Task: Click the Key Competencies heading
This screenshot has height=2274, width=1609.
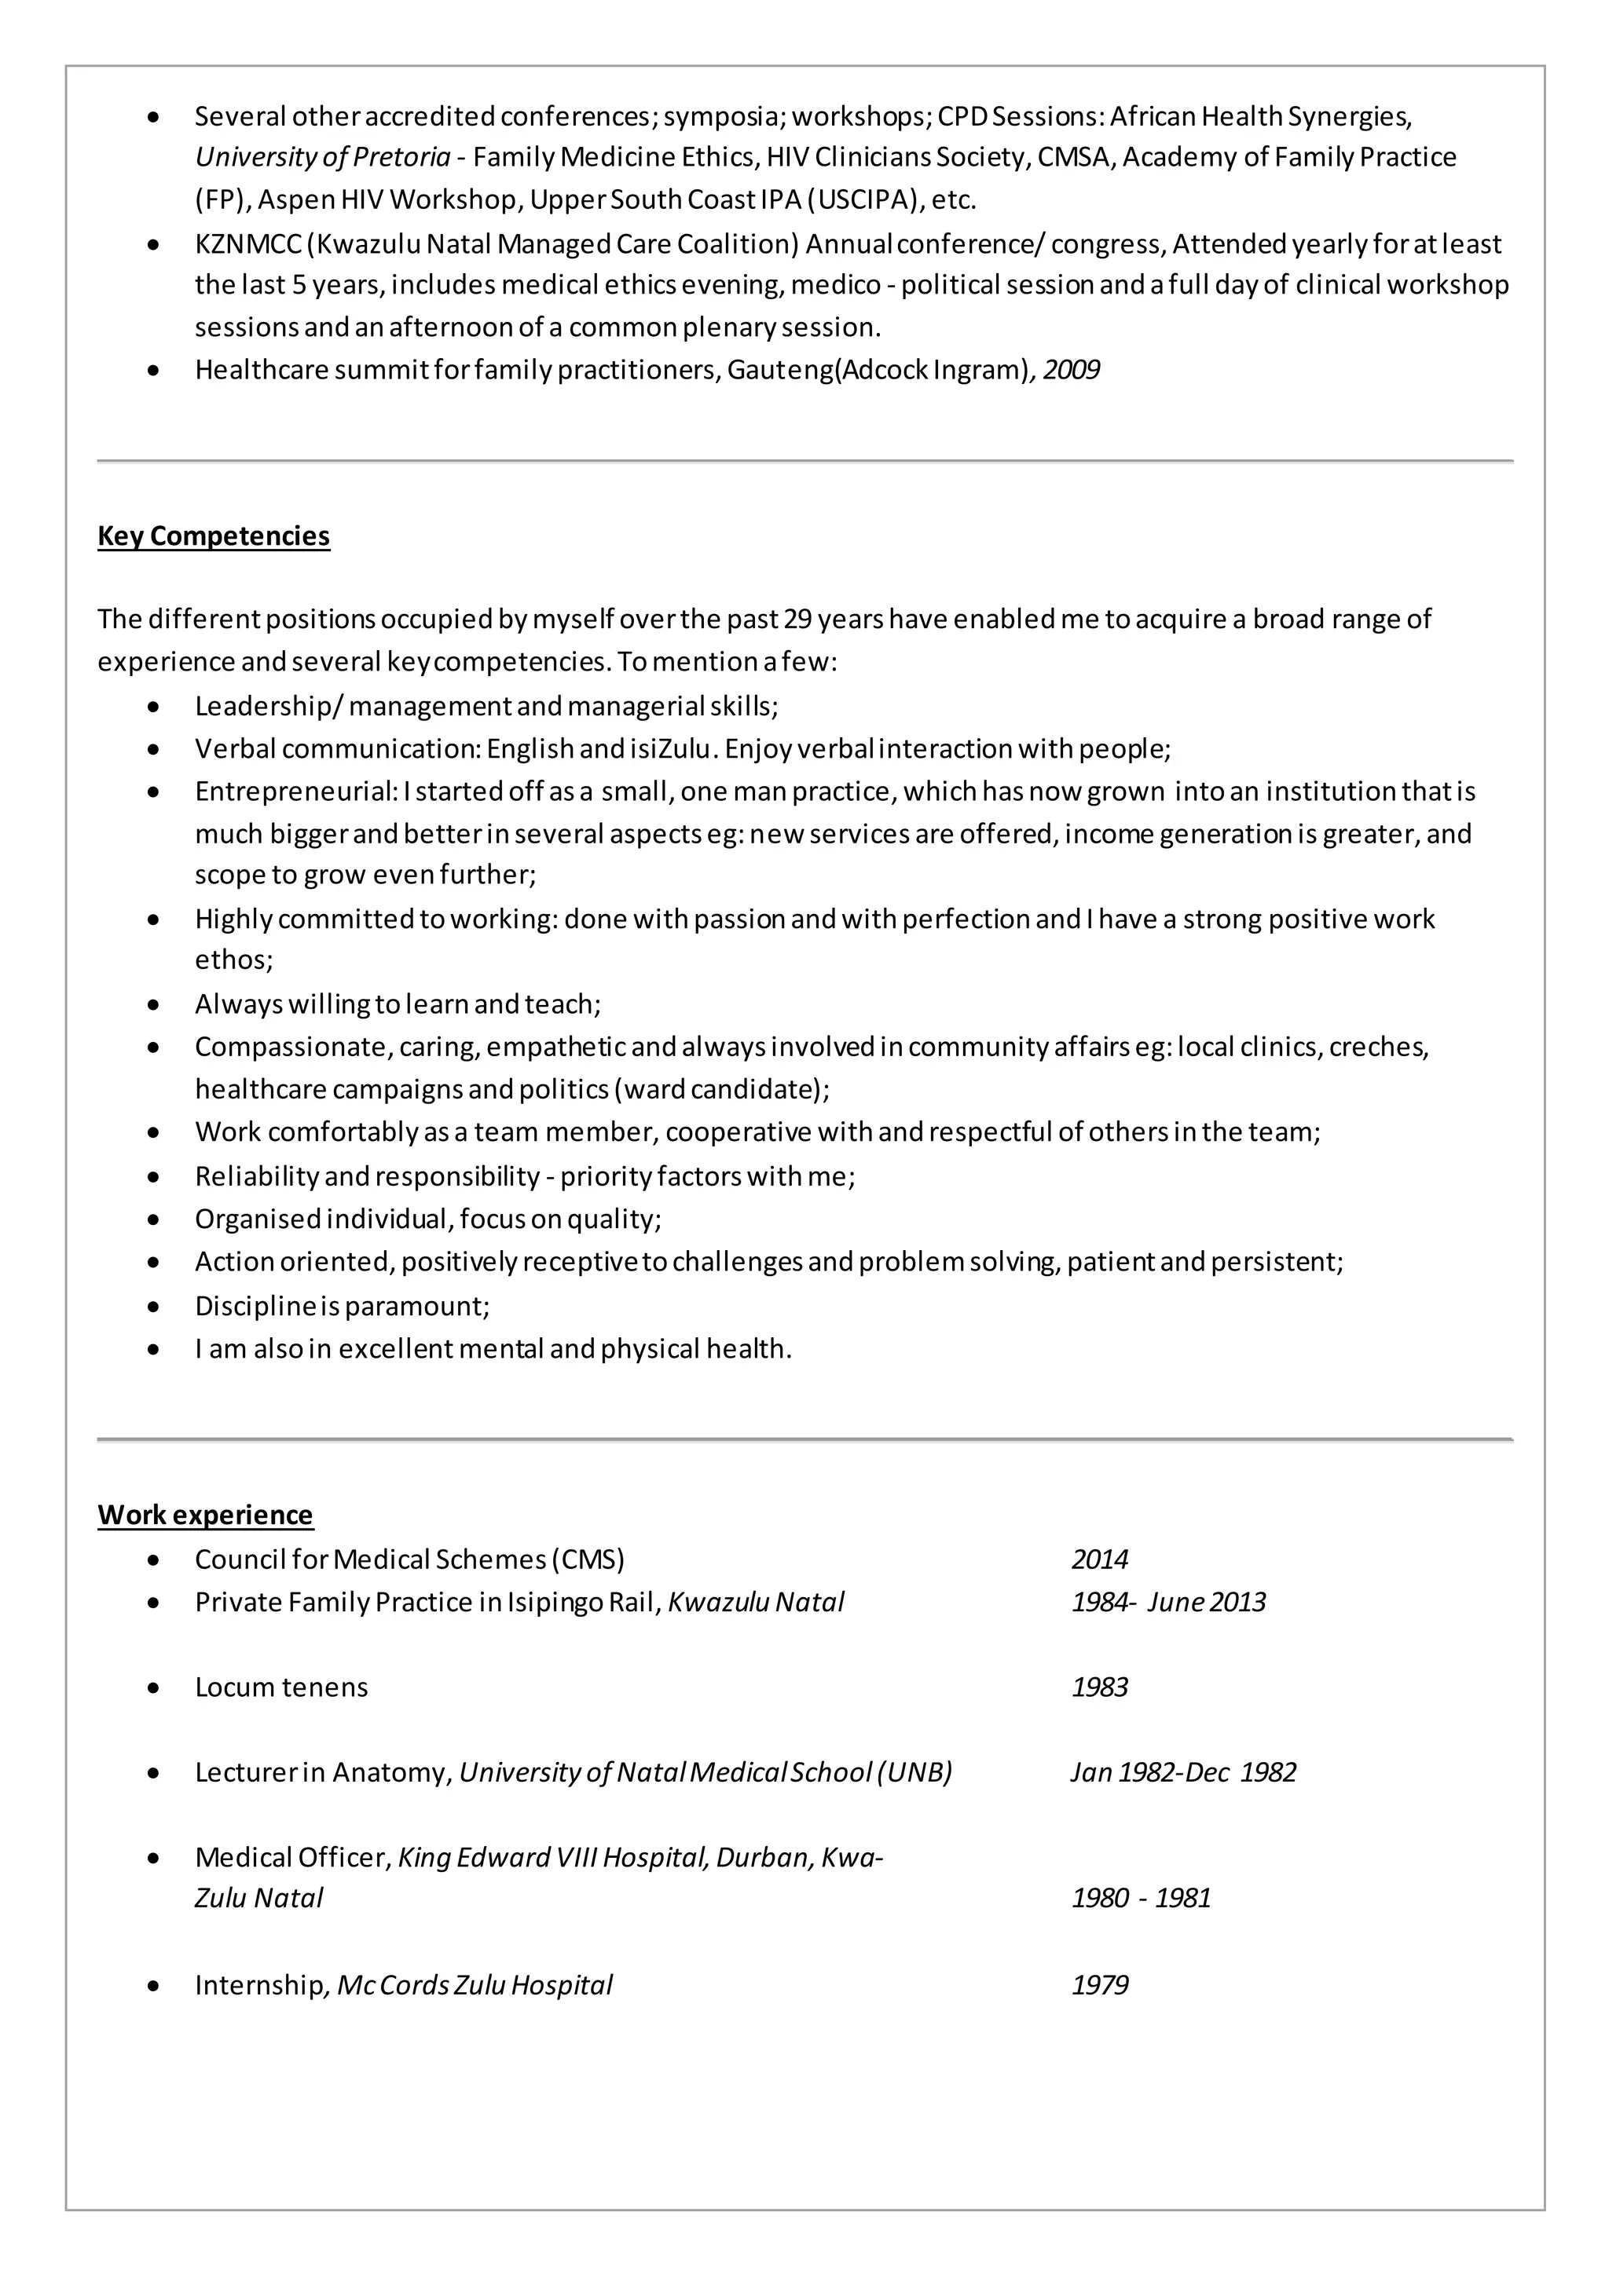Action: pos(213,536)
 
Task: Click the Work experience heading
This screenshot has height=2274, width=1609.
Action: pos(205,1515)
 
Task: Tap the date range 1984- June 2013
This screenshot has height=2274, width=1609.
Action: pos(1168,1602)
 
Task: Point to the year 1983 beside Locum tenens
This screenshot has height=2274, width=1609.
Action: pos(1099,1687)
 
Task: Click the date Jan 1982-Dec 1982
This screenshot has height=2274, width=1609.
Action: pos(1183,1772)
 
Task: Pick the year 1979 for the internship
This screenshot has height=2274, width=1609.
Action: pos(1099,1985)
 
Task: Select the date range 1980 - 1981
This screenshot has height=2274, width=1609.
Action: pos(1141,1898)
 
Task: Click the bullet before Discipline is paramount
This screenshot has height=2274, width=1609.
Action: pos(152,1307)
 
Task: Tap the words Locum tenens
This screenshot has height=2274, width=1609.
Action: pos(281,1687)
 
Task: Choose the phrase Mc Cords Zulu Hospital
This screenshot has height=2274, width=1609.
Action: pos(475,1985)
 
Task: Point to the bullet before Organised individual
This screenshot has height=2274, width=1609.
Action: pos(152,1219)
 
